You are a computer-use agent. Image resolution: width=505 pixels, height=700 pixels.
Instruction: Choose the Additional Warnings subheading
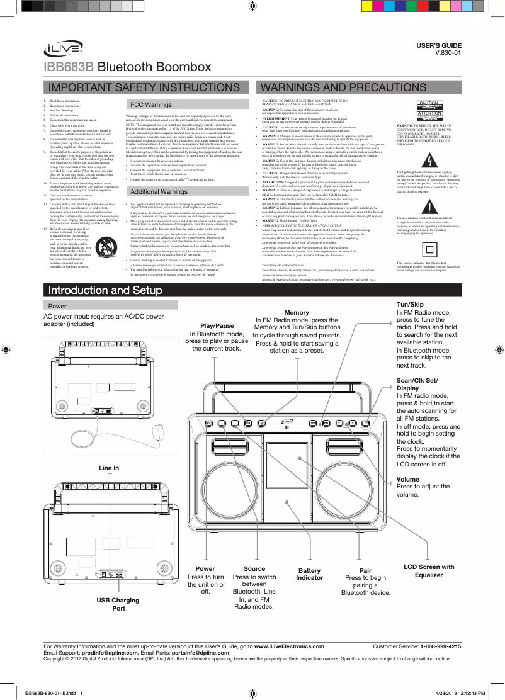coord(157,191)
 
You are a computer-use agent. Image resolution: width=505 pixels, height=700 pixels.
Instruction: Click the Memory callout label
coord(297,313)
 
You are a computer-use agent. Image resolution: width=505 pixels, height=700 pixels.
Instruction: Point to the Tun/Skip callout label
coord(409,304)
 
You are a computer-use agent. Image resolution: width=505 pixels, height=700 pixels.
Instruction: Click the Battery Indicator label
coord(309,573)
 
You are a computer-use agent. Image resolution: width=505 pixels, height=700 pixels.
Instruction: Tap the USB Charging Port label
coord(117,604)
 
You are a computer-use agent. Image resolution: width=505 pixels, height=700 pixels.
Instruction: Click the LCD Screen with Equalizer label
coord(428,571)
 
